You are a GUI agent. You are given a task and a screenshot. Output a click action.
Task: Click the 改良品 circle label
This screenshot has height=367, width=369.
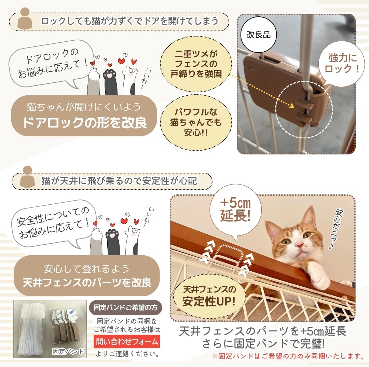(x=258, y=35)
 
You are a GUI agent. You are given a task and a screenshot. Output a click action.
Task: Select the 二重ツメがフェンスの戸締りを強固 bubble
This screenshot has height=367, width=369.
(x=196, y=64)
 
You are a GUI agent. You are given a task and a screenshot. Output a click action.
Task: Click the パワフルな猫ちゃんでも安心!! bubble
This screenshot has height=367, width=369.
(x=196, y=122)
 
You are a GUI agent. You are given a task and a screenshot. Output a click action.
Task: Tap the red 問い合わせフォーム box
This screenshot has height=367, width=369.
(x=127, y=342)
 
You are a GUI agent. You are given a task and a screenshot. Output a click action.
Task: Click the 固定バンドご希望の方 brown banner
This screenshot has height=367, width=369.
(x=125, y=308)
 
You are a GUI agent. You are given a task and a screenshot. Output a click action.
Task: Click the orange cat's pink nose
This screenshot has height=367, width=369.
(x=299, y=245)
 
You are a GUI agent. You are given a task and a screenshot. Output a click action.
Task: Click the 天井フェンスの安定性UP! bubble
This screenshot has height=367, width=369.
(x=209, y=296)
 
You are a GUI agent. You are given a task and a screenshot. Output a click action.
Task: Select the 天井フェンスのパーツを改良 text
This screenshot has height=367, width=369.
(x=87, y=283)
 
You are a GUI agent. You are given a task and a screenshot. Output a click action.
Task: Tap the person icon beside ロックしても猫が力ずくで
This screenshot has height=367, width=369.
(x=25, y=18)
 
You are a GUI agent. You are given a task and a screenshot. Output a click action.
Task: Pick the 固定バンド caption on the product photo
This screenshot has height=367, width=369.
(x=68, y=352)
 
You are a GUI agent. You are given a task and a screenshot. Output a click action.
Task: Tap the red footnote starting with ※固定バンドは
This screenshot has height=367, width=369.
(x=288, y=356)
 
